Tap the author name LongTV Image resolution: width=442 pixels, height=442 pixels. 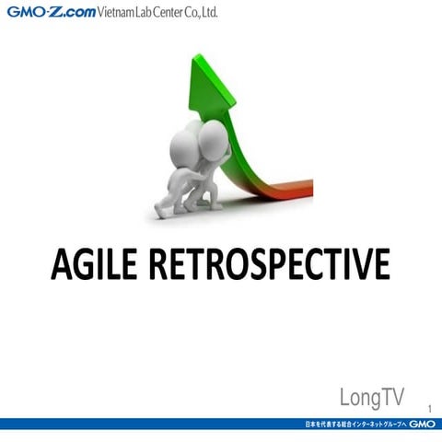coord(371,398)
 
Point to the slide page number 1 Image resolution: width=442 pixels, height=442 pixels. coord(429,408)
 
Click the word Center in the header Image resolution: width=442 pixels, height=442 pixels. coord(170,13)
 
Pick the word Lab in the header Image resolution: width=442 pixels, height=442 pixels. coord(146,13)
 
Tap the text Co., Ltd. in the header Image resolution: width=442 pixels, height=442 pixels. coord(204,13)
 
